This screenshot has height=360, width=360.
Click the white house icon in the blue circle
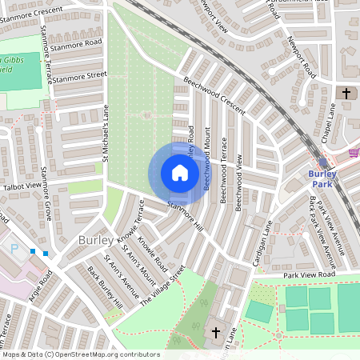[179, 173]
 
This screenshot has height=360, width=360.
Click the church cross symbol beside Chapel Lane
[346, 94]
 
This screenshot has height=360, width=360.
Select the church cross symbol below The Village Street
[215, 332]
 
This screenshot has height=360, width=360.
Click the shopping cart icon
[354, 152]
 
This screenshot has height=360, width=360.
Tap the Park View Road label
[306, 275]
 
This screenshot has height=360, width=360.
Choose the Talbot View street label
[22, 186]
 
